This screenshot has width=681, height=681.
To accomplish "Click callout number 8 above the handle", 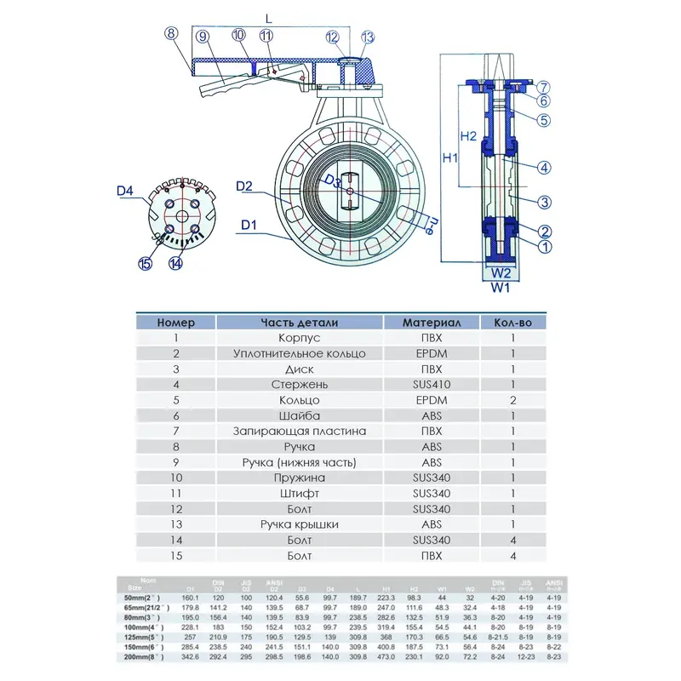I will [171, 34].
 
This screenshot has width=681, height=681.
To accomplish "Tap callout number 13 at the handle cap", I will [368, 37].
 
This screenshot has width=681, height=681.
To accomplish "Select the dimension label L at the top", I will [268, 17].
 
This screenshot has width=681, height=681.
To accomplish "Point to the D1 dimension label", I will [249, 225].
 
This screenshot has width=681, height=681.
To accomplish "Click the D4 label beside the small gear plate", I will [125, 192].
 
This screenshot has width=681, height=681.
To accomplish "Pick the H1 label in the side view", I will [451, 158].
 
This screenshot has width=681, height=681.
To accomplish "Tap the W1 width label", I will [501, 288].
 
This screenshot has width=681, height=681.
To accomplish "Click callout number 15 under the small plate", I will [146, 264].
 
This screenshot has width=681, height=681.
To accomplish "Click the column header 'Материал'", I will [432, 323].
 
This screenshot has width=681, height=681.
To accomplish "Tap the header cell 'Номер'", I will [176, 323].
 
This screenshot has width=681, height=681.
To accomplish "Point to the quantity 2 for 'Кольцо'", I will [512, 399].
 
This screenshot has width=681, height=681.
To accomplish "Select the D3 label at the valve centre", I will [333, 181].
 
